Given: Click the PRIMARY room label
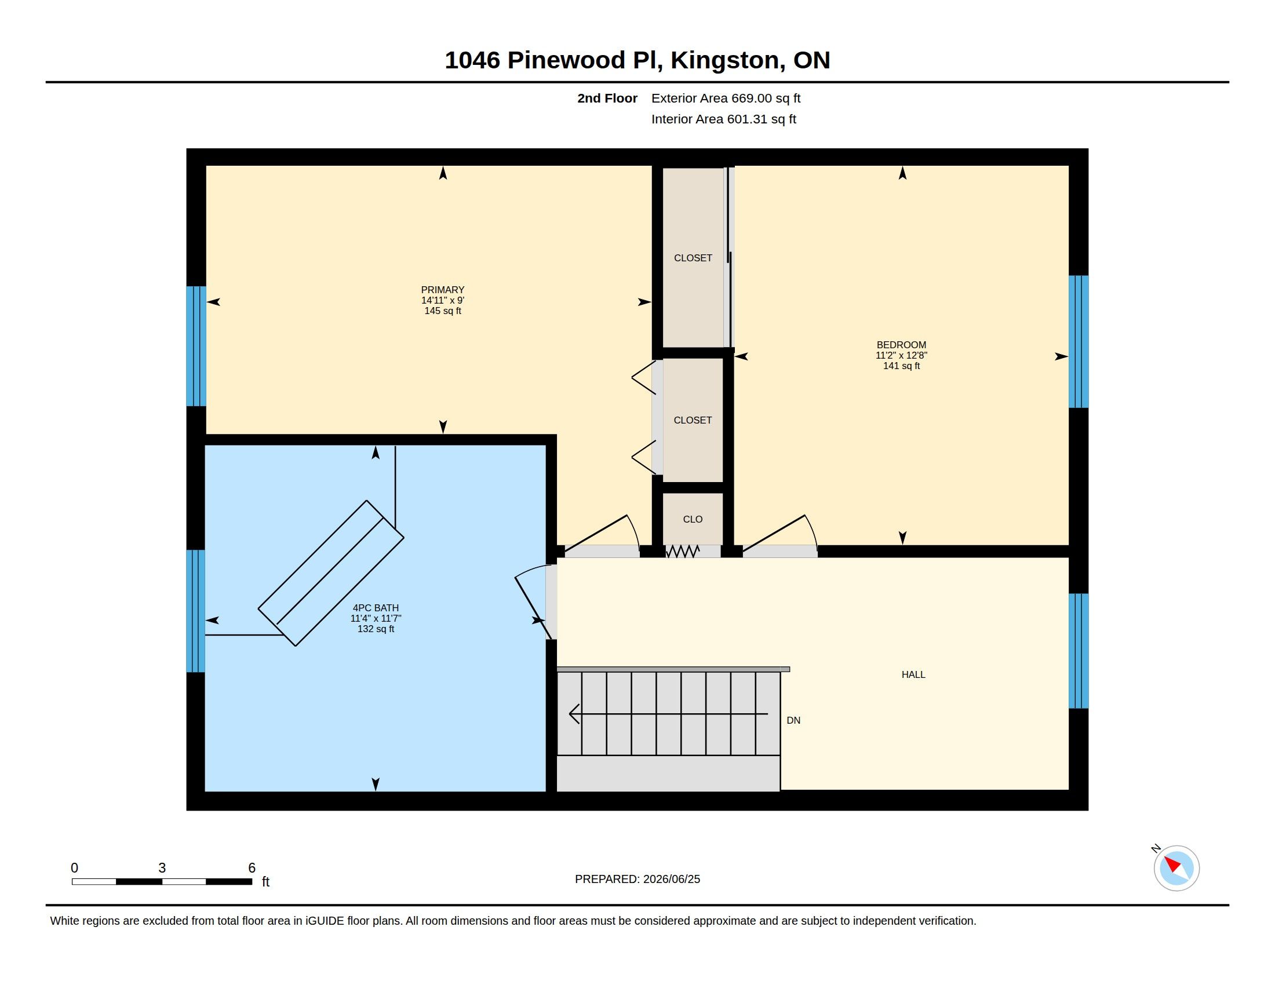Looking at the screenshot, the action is tap(443, 290).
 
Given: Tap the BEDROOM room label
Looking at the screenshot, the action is tap(901, 345).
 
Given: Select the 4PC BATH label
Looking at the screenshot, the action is tap(376, 608).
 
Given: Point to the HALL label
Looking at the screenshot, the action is tap(913, 674).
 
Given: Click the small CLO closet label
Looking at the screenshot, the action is tap(693, 519).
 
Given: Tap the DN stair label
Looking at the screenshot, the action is tap(793, 721).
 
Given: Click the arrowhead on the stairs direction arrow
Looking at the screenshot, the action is tap(574, 714).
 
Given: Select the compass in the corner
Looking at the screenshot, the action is tap(1176, 868).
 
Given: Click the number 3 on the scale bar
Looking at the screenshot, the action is tap(162, 868).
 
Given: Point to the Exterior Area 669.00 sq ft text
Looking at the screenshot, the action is tap(726, 98).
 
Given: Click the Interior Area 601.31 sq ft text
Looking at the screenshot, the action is tap(723, 119).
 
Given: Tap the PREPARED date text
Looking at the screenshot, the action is tap(637, 879).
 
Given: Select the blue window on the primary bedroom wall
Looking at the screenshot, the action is tap(196, 346).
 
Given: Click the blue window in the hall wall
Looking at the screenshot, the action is tap(1079, 651).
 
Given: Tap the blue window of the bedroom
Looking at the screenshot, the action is tap(1079, 341).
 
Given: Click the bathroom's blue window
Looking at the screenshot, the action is tap(195, 611).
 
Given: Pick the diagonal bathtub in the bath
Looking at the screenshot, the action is tap(331, 573).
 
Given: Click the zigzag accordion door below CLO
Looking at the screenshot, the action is tap(683, 551).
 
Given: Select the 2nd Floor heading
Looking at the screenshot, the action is tap(607, 98).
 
